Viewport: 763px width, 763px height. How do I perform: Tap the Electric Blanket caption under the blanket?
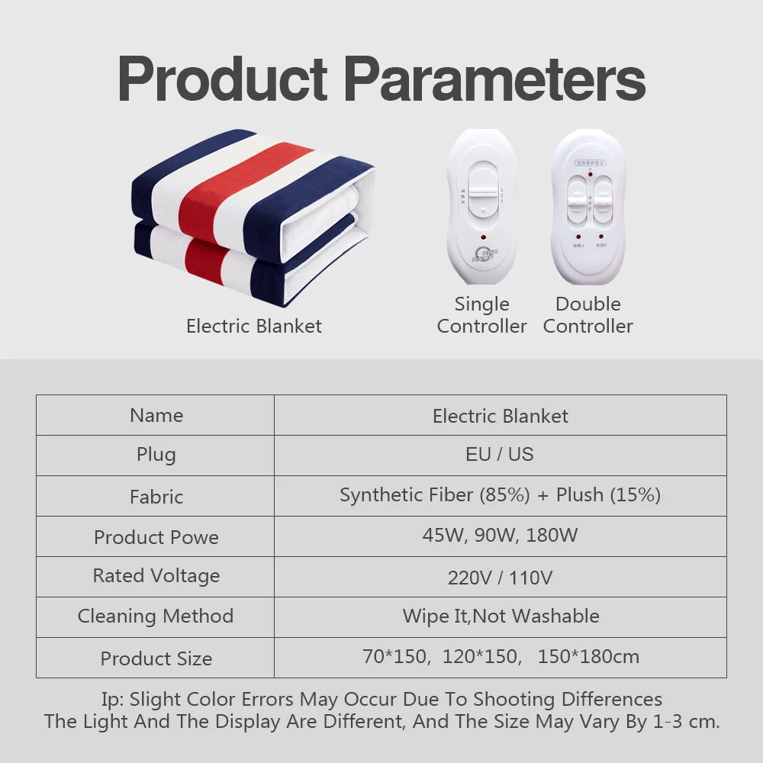pyautogui.click(x=254, y=326)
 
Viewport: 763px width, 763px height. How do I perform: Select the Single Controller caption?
pyautogui.click(x=481, y=314)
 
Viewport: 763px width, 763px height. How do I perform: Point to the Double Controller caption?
pyautogui.click(x=588, y=314)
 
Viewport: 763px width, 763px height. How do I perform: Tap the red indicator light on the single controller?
pyautogui.click(x=481, y=238)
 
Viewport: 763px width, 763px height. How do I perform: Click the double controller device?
pyautogui.click(x=588, y=207)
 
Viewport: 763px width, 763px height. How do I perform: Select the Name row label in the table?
pyautogui.click(x=156, y=415)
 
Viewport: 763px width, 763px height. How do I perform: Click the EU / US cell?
pyautogui.click(x=500, y=455)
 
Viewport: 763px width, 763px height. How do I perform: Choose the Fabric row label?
pyautogui.click(x=156, y=497)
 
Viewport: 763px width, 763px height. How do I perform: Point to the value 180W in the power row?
pyautogui.click(x=552, y=535)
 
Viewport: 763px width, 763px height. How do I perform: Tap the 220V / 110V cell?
pyautogui.click(x=500, y=577)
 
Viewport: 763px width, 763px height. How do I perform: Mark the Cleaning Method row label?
pyautogui.click(x=156, y=616)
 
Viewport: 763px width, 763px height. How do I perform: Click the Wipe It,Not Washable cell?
pyautogui.click(x=501, y=616)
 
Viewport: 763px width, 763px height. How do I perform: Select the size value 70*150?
pyautogui.click(x=394, y=656)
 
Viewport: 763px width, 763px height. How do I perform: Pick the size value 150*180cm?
pyautogui.click(x=588, y=656)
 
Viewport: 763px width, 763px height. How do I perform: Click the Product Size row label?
pyautogui.click(x=156, y=658)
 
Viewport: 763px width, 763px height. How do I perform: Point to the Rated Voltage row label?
pyautogui.click(x=156, y=575)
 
